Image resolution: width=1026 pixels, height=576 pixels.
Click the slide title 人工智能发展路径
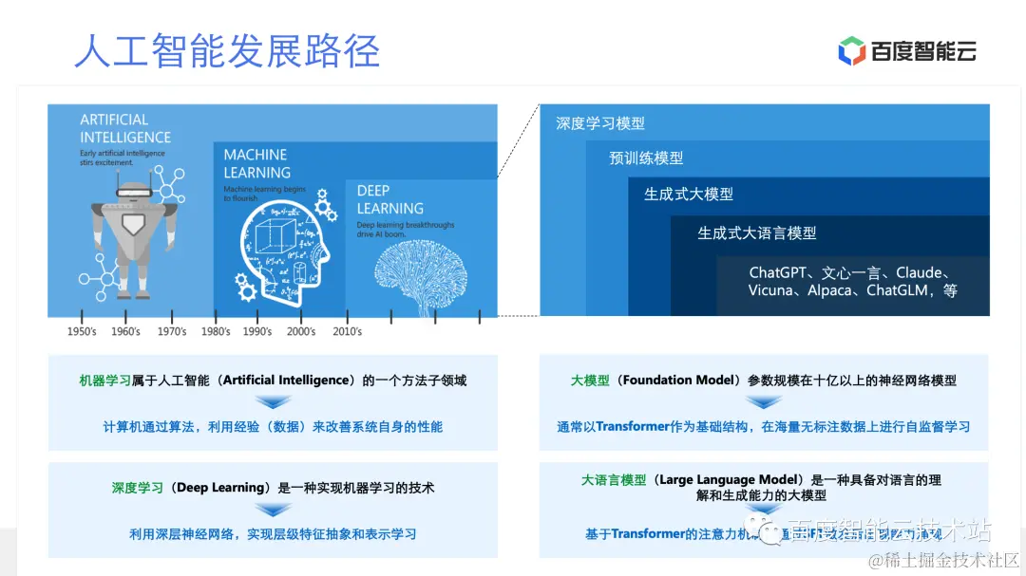pos(227,50)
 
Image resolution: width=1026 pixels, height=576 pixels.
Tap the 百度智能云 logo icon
pos(851,51)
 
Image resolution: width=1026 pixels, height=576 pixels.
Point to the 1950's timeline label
pos(82,331)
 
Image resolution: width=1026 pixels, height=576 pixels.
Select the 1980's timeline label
pos(216,331)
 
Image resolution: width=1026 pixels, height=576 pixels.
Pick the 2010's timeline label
pos(347,331)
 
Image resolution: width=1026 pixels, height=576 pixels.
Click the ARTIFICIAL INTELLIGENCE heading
pos(125,129)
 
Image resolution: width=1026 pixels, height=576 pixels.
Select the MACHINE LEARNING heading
pos(256,163)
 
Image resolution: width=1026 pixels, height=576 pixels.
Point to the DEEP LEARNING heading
pos(389,199)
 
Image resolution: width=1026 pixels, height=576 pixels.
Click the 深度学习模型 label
pos(600,123)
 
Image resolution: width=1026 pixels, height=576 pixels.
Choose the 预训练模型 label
pos(646,158)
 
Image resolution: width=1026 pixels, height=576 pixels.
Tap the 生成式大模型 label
pos(689,194)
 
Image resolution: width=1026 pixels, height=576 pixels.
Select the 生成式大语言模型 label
pos(757,232)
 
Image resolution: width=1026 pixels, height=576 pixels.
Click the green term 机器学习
pos(105,380)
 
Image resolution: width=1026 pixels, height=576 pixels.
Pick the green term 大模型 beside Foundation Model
pos(590,380)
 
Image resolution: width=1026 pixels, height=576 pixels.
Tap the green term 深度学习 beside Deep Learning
pos(138,487)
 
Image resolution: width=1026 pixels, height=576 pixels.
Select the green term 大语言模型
pos(614,480)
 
